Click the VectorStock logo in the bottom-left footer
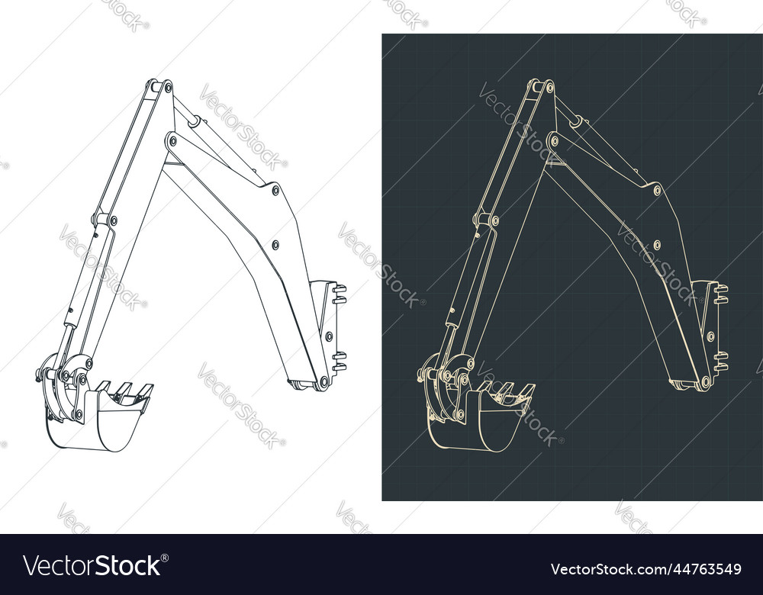pyautogui.click(x=92, y=566)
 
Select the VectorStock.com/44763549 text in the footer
pyautogui.click(x=645, y=568)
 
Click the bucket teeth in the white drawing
pyautogui.click(x=124, y=391)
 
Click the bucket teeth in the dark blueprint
pyautogui.click(x=505, y=391)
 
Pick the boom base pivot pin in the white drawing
pyautogui.click(x=323, y=381)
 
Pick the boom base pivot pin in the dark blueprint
pyautogui.click(x=704, y=381)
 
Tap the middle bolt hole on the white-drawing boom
pyautogui.click(x=275, y=245)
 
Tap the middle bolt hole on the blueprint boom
pyautogui.click(x=656, y=245)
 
